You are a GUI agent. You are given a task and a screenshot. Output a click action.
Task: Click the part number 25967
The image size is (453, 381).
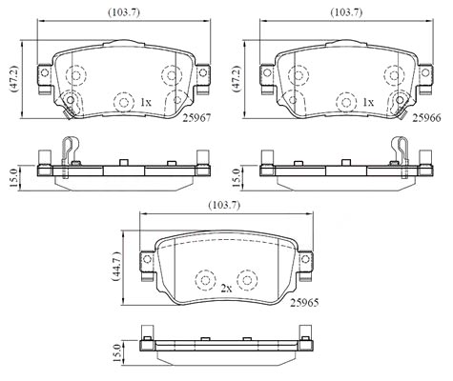[x=196, y=118]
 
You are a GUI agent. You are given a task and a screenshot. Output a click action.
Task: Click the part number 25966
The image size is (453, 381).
[x=427, y=118]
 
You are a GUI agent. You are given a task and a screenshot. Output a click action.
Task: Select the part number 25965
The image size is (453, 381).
[x=304, y=303]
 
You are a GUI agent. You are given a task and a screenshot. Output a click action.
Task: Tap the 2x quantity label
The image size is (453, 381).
[x=226, y=289]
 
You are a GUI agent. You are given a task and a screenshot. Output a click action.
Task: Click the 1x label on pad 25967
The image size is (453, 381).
[x=145, y=102]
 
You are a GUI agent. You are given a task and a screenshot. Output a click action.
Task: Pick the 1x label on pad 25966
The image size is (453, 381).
[x=368, y=102]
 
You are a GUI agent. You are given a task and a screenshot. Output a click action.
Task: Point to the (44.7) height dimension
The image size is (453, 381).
[x=116, y=267]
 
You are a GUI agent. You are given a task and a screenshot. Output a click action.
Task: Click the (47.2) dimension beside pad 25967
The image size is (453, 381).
[x=15, y=79]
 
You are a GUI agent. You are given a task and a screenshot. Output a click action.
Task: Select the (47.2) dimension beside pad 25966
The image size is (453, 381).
[x=237, y=79]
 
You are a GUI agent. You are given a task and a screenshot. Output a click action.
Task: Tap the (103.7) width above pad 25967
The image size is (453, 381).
[x=124, y=12]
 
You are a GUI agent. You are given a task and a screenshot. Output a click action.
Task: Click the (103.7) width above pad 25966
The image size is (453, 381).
[x=346, y=12]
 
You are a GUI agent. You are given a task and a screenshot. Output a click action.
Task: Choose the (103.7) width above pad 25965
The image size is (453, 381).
[x=224, y=206]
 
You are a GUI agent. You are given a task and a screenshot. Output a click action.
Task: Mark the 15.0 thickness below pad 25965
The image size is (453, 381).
[x=117, y=352]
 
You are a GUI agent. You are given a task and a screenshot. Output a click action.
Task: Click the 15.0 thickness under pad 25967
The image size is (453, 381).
[x=14, y=178]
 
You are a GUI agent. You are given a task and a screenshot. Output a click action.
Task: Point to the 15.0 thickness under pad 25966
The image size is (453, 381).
[x=237, y=178]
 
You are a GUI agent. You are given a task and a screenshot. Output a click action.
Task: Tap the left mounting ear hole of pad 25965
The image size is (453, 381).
[x=147, y=259]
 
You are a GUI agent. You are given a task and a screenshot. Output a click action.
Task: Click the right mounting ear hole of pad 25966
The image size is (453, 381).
[x=425, y=73]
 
